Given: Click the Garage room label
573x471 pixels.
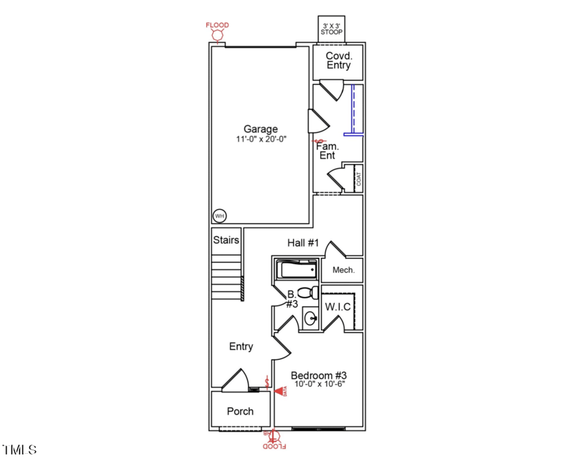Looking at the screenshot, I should pos(261,130).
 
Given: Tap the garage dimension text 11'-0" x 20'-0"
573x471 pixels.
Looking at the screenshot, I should pos(261,140).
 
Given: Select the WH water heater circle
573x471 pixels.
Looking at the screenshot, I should pos(220,215).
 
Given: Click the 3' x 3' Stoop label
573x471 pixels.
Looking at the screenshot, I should pos(332,29).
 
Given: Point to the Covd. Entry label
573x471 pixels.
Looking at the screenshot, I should pos(339,61).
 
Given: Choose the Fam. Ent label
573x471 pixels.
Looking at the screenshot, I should pos(327,150).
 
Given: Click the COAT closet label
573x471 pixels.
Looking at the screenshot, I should pos(358,179).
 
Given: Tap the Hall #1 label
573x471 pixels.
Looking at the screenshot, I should pos(302,243).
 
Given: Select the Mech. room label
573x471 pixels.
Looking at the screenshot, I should pos(344,270).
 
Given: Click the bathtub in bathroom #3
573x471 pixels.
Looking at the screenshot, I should pos(297,270).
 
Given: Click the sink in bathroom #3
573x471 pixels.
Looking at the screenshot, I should pos(311,317).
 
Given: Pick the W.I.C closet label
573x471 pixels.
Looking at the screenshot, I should pos(338,306).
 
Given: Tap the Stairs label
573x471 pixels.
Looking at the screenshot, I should pos(226,241).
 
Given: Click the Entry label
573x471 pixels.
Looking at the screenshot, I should pos(241,346).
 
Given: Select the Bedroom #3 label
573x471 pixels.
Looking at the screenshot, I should pos(319,375).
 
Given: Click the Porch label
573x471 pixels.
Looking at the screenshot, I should pos(240,411).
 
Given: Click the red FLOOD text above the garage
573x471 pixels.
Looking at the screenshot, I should pos(218,25).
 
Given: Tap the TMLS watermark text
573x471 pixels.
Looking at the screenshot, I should pos(19,450).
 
